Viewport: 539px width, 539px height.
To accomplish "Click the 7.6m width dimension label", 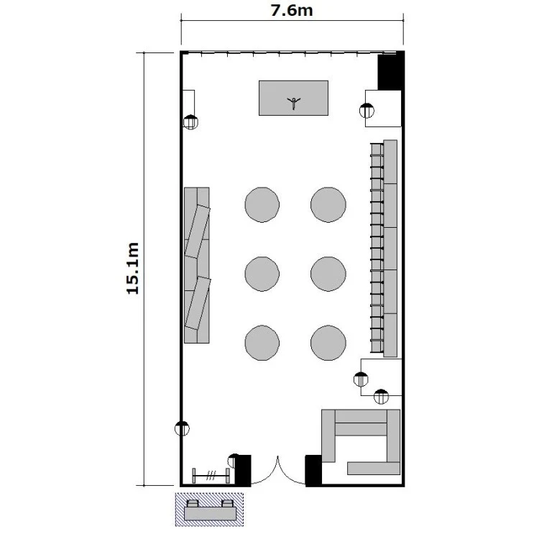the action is point(292,10).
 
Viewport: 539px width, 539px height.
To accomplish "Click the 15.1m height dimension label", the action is point(133,268).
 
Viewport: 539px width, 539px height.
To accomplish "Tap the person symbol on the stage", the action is point(293,103).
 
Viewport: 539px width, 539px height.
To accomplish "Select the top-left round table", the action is point(262,205).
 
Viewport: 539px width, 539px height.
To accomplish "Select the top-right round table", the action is point(328,205).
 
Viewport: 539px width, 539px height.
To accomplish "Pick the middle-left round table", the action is point(262,274).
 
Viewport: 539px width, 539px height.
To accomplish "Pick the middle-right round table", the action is point(328,274).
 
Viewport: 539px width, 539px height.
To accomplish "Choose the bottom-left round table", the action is point(262,343).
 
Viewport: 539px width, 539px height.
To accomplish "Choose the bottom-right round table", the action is point(328,343).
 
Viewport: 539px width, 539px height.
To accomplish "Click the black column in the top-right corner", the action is point(390,71).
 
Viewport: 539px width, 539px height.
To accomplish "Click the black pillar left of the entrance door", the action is point(243,470).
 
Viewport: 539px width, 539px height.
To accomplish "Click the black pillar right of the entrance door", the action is point(313,470).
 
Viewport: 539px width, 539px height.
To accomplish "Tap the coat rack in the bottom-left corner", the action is point(211,476).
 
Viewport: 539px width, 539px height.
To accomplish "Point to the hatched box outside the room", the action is point(209,510).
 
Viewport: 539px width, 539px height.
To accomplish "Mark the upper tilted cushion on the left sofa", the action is point(198,231).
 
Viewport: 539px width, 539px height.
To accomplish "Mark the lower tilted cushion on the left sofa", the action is point(198,303).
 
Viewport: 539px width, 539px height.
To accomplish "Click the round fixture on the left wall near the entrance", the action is point(182,428).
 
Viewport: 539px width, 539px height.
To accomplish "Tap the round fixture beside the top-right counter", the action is point(367,111).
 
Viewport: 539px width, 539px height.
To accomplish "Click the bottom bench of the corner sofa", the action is point(374,469).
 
